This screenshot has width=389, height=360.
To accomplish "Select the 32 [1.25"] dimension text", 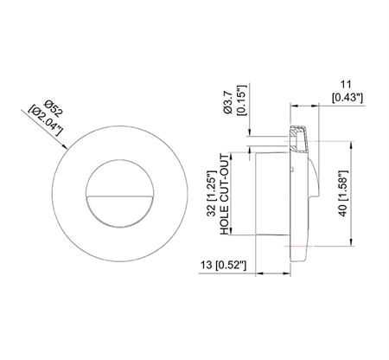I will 215,194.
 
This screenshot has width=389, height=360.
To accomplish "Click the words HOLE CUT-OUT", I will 227,194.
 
